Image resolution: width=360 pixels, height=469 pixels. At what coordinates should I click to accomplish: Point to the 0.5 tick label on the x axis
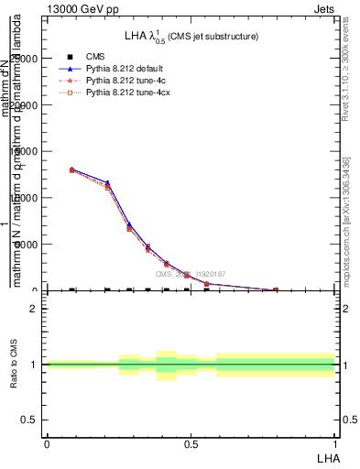tap(191, 443)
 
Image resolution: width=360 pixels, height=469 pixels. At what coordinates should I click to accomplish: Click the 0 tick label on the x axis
tap(47, 443)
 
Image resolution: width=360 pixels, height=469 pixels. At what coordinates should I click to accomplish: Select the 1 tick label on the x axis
tap(335, 443)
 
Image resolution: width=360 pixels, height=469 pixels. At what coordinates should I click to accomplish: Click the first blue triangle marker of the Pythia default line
tap(72, 169)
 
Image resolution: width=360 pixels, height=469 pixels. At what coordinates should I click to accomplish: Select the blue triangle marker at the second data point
tap(107, 183)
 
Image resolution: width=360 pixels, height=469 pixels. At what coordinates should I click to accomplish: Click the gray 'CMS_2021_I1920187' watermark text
tap(190, 273)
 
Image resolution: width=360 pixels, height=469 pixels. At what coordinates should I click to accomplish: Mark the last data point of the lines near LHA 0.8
tap(276, 290)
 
